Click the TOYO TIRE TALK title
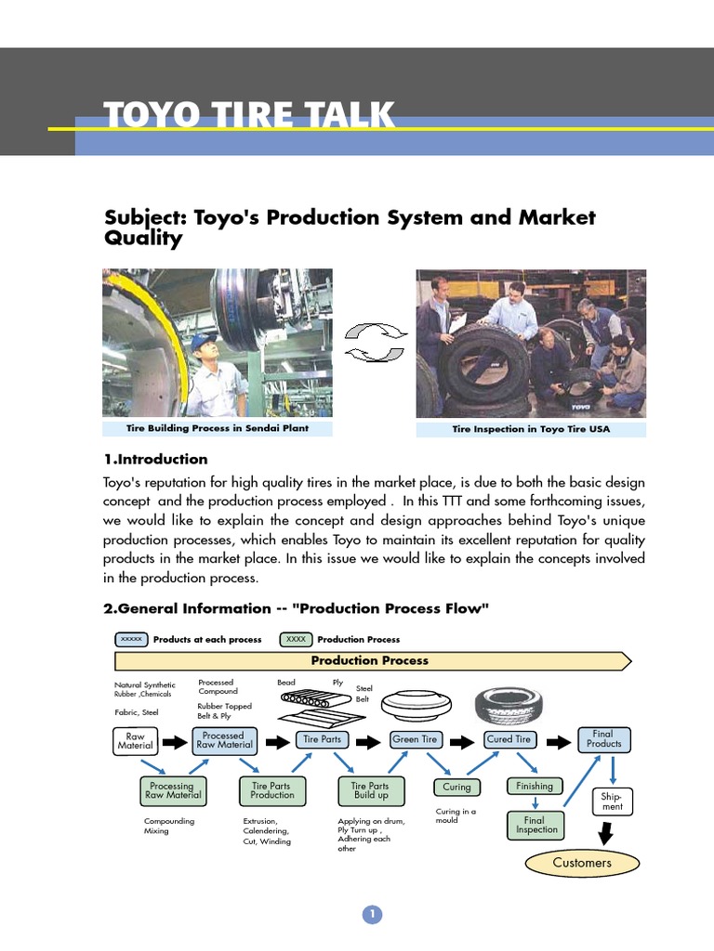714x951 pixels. click(249, 117)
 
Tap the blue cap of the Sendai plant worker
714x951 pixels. click(202, 342)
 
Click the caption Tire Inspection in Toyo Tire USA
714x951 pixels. click(531, 429)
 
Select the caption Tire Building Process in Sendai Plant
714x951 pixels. click(218, 428)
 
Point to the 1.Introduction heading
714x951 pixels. click(155, 459)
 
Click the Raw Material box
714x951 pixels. click(135, 740)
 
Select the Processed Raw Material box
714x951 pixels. click(223, 739)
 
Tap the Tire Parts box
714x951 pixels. click(323, 739)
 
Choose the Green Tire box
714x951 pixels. click(416, 739)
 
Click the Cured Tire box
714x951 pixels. click(509, 739)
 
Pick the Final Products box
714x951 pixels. click(603, 739)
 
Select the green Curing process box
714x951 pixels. click(456, 787)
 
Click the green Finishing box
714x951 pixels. click(535, 786)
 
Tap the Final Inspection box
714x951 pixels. click(535, 825)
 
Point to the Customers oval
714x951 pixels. click(582, 863)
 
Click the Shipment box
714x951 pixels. click(613, 801)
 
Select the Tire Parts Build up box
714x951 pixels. click(371, 790)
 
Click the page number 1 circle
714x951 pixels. click(371, 915)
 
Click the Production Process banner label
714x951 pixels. click(369, 660)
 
